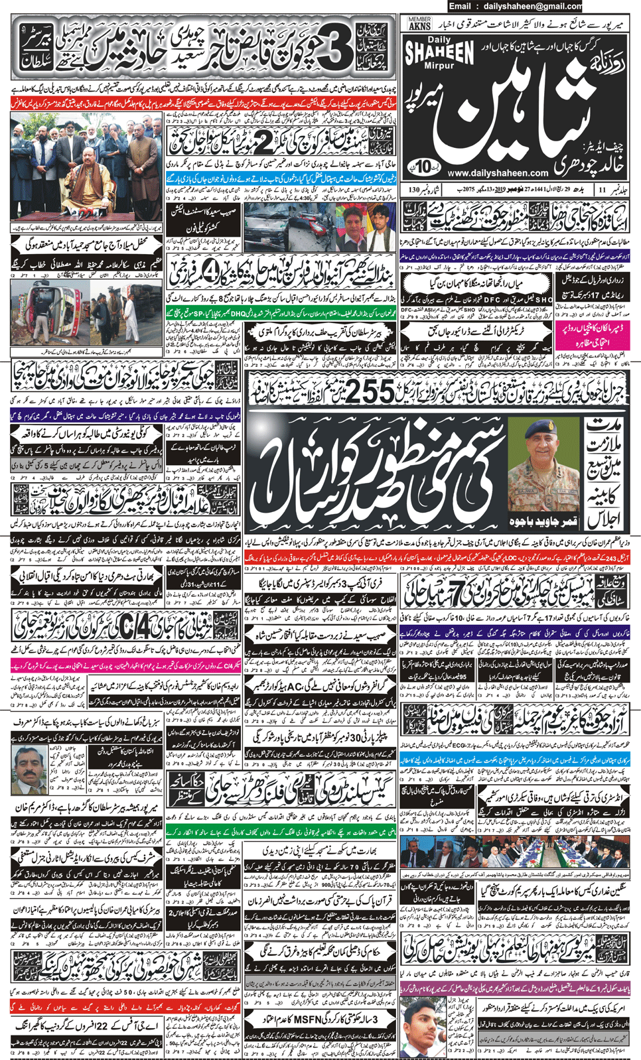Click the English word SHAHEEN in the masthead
[439, 52]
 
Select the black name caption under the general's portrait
[543, 521]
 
